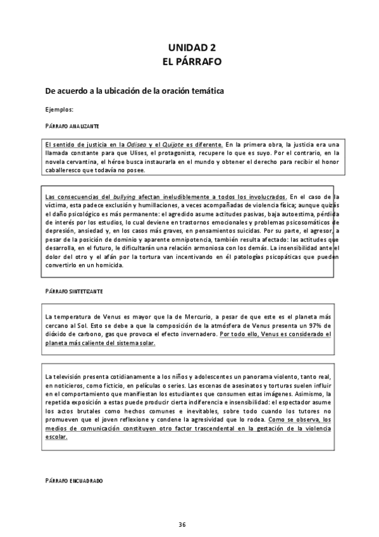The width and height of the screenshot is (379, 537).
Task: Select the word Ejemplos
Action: point(59,109)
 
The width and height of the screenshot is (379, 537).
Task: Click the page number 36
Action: point(182,524)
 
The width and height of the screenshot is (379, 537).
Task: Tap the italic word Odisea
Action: point(137,144)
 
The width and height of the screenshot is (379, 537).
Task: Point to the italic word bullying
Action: point(125,197)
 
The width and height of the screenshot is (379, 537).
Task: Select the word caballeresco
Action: point(65,170)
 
